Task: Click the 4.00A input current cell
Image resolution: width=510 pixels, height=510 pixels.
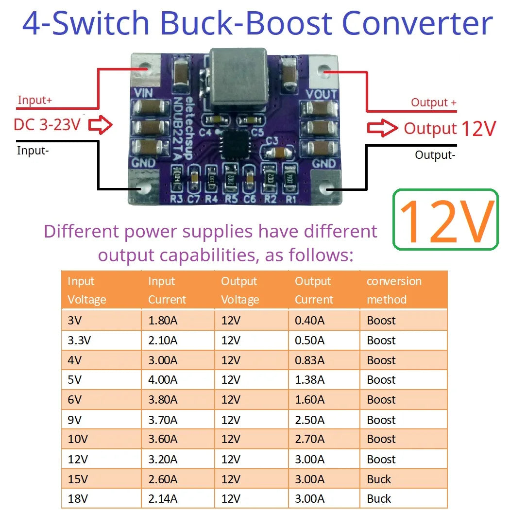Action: click(x=163, y=380)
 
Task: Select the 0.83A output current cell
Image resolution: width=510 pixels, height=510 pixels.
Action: click(x=309, y=360)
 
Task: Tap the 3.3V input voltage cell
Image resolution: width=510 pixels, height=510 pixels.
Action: click(x=79, y=340)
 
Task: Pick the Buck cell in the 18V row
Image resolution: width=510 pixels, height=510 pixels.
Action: click(x=379, y=499)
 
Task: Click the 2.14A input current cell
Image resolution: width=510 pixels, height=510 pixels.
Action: click(x=163, y=499)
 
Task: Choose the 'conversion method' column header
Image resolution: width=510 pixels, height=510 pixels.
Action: click(x=393, y=290)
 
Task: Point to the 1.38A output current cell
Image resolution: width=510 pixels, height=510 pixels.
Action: click(x=309, y=380)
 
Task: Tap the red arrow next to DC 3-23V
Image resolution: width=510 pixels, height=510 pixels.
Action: click(x=101, y=125)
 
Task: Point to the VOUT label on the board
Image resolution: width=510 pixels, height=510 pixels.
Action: click(x=322, y=94)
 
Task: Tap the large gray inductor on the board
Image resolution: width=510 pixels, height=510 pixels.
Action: click(x=238, y=80)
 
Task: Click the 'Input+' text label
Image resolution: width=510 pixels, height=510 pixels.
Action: click(x=34, y=101)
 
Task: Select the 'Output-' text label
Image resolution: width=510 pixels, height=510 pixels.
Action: click(x=435, y=155)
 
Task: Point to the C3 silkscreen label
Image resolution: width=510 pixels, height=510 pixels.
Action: click(x=272, y=141)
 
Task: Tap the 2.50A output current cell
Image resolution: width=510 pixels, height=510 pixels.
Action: click(x=309, y=420)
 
